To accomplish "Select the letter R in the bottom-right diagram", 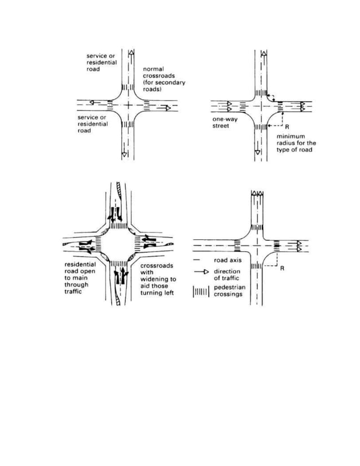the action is point(282,269).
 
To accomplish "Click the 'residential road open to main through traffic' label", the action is point(80,278).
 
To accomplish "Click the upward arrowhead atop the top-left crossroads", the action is point(131,53).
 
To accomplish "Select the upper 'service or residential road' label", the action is point(102,63).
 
